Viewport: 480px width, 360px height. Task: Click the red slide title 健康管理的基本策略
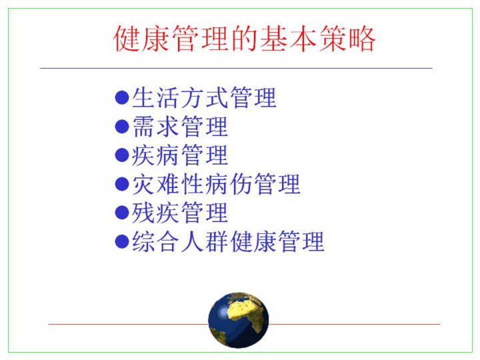pos(244,39)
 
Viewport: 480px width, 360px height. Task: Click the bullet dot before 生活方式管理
pos(122,97)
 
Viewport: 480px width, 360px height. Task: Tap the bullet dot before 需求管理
pos(122,127)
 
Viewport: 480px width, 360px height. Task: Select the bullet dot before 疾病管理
pos(122,155)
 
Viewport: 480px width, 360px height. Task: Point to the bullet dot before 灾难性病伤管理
pos(122,184)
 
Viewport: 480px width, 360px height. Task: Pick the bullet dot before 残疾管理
pos(122,213)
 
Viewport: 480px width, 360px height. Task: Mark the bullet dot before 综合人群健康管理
pos(122,241)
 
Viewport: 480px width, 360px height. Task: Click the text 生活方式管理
pos(204,97)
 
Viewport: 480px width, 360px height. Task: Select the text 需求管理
pos(180,127)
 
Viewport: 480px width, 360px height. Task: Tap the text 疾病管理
pos(180,155)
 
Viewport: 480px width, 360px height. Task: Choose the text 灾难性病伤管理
pos(216,184)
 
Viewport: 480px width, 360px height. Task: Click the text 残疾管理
pos(180,213)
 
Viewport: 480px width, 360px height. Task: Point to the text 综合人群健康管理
pos(228,241)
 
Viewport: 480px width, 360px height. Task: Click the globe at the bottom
pos(239,320)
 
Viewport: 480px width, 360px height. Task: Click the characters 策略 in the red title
pos(347,39)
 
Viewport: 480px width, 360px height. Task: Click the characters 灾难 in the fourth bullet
pos(156,184)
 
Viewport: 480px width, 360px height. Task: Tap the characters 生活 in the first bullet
pos(156,97)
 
